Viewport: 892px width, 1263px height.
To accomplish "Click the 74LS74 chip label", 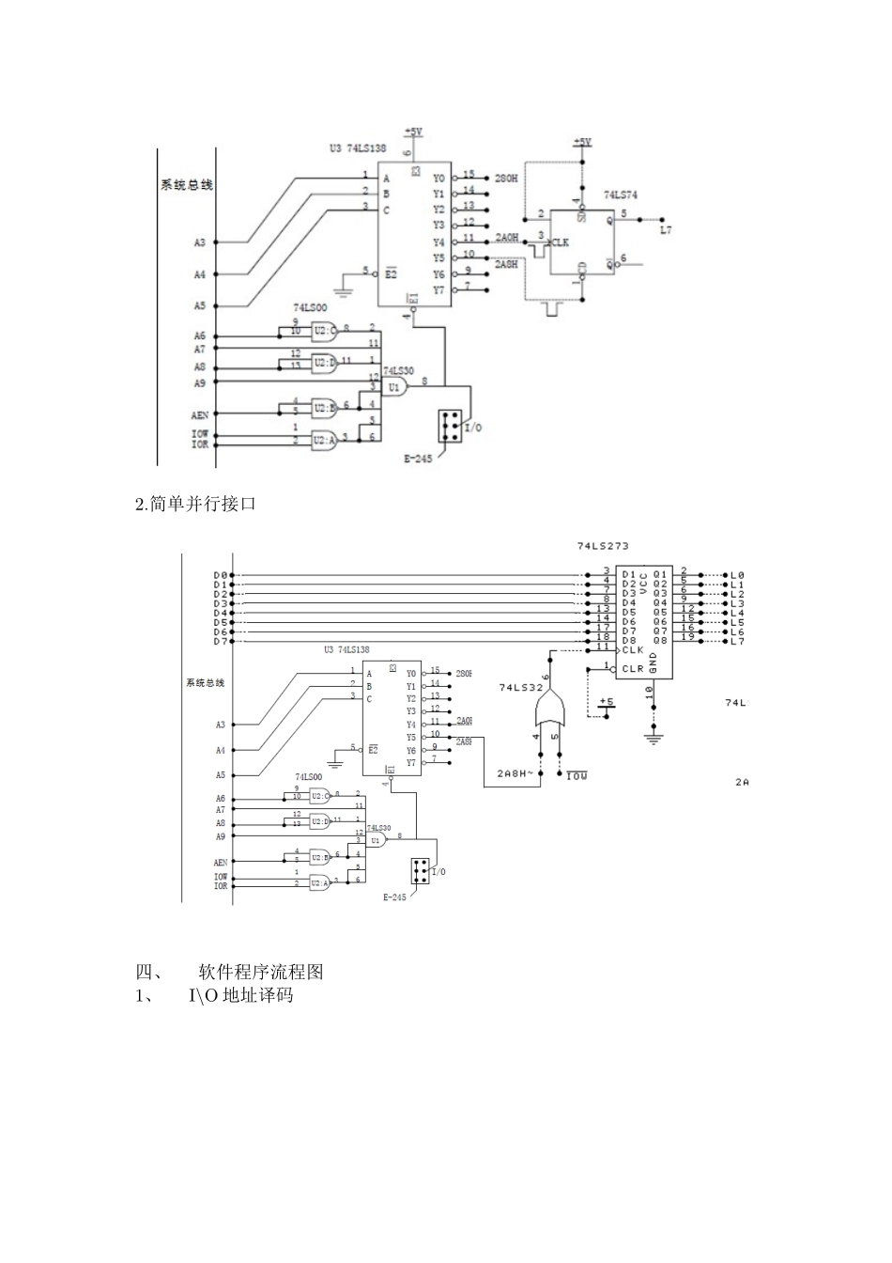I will point(620,195).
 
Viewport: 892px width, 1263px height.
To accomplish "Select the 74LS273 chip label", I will point(603,545).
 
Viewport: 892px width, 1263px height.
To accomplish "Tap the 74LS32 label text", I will point(521,688).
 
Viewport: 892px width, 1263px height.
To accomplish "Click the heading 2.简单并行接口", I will point(196,505).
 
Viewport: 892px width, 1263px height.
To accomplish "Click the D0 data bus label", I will point(220,575).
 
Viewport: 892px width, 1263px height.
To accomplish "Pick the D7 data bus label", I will point(220,641).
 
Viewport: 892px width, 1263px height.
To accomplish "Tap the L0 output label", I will point(737,575).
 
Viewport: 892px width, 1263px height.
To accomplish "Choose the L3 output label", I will point(737,603).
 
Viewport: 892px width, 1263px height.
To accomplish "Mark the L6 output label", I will point(737,631).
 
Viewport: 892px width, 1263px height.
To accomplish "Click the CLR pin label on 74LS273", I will point(633,669).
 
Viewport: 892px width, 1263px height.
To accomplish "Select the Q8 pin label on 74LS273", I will point(660,641).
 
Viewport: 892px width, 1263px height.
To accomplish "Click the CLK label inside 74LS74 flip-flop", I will point(561,242).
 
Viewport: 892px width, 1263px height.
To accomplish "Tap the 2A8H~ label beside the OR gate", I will point(515,774).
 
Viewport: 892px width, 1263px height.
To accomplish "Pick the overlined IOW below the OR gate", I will point(576,776).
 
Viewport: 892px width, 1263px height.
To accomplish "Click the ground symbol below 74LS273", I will point(653,737).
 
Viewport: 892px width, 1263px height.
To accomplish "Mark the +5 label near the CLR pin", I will point(606,702).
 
